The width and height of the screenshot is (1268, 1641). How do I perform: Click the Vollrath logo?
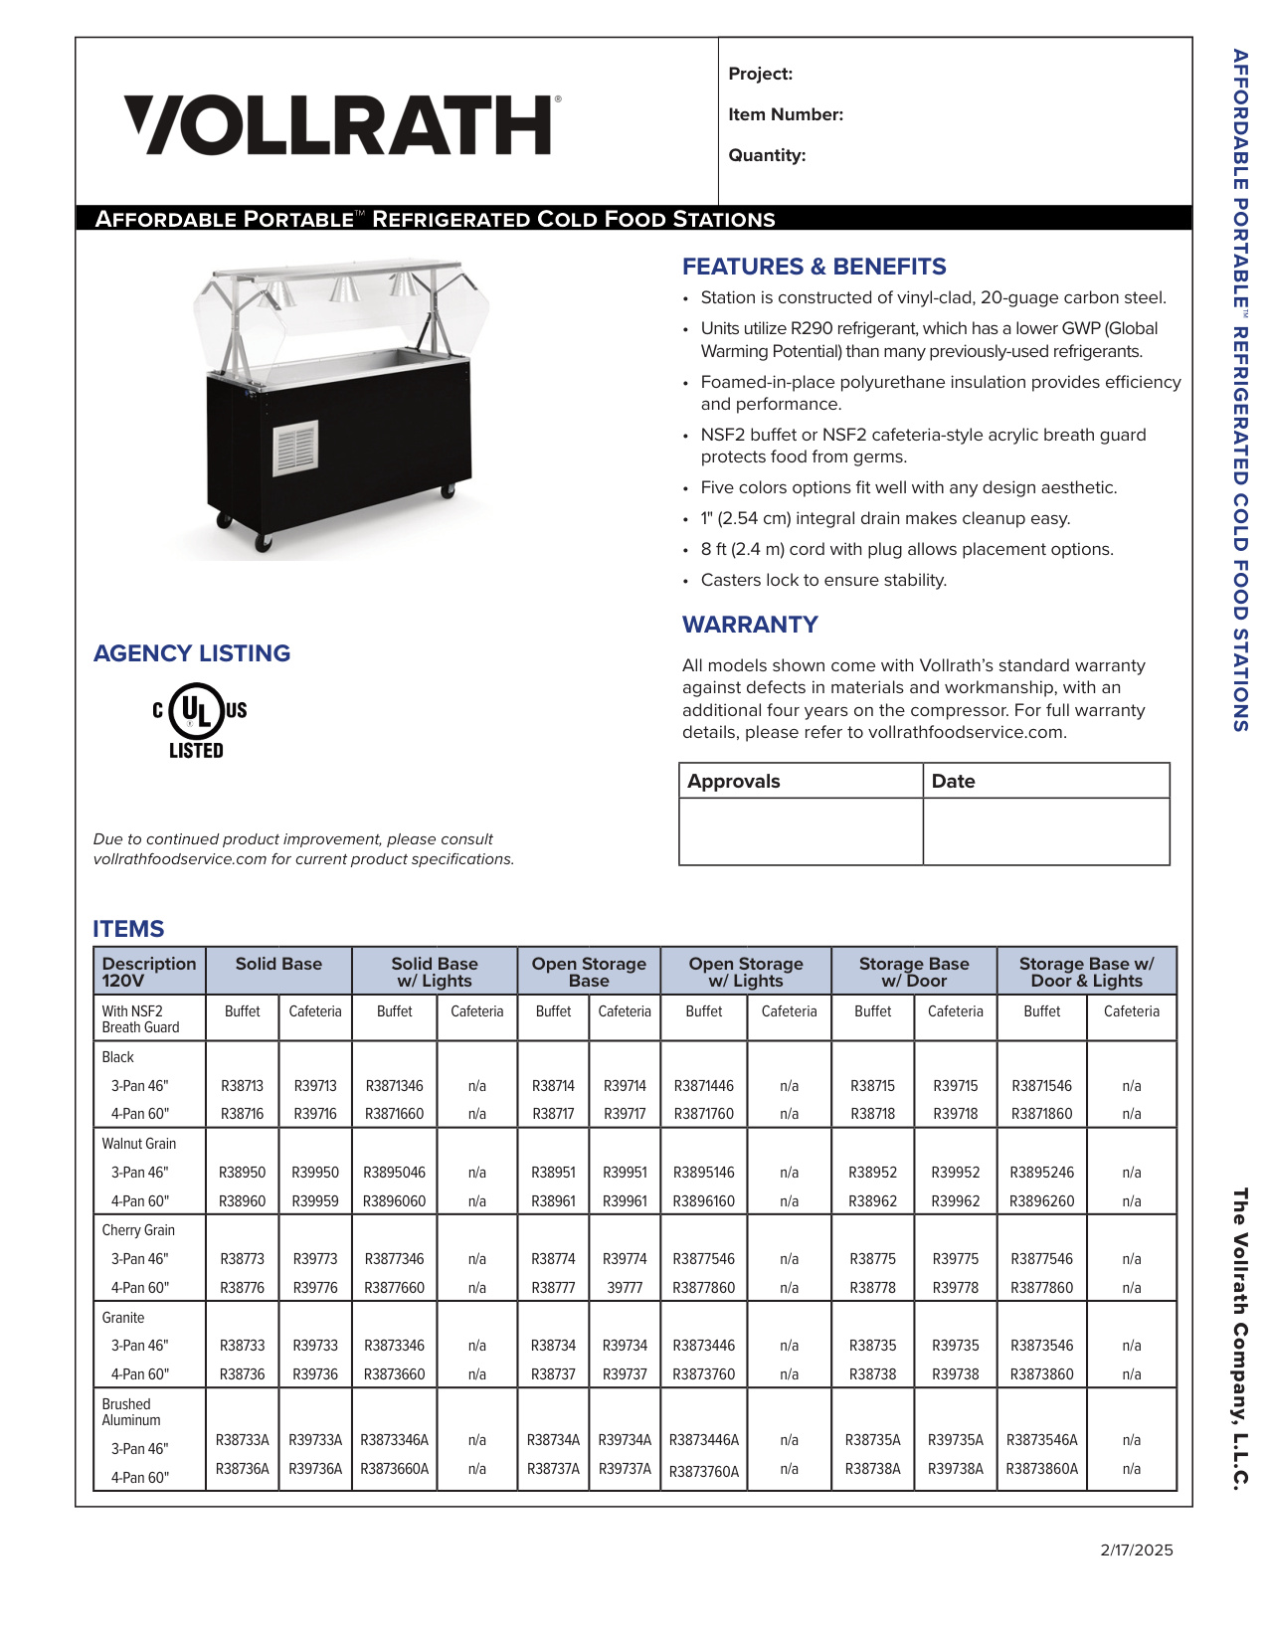click(x=342, y=125)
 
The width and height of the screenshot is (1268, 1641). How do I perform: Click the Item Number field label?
click(x=786, y=114)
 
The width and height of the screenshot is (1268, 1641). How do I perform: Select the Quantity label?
click(x=767, y=155)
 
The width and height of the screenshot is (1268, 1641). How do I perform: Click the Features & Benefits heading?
click(x=814, y=267)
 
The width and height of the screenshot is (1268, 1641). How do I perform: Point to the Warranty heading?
click(x=749, y=625)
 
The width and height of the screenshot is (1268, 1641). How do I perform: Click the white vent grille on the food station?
click(x=295, y=448)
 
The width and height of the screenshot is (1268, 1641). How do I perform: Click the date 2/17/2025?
click(x=1136, y=1550)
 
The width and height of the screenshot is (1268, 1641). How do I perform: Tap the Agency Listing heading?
click(x=192, y=653)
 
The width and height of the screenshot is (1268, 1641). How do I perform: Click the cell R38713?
click(x=242, y=1086)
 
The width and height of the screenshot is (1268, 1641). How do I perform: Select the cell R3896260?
click(x=1041, y=1201)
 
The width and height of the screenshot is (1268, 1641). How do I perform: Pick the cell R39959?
click(x=315, y=1201)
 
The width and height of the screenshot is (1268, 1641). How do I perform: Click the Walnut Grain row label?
click(x=138, y=1144)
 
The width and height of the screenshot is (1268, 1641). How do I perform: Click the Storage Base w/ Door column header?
click(x=913, y=972)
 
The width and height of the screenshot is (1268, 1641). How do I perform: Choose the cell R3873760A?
click(x=704, y=1472)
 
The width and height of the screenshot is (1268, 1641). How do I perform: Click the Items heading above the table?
click(x=128, y=929)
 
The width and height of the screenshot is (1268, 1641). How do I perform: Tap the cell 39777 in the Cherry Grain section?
click(x=625, y=1288)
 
